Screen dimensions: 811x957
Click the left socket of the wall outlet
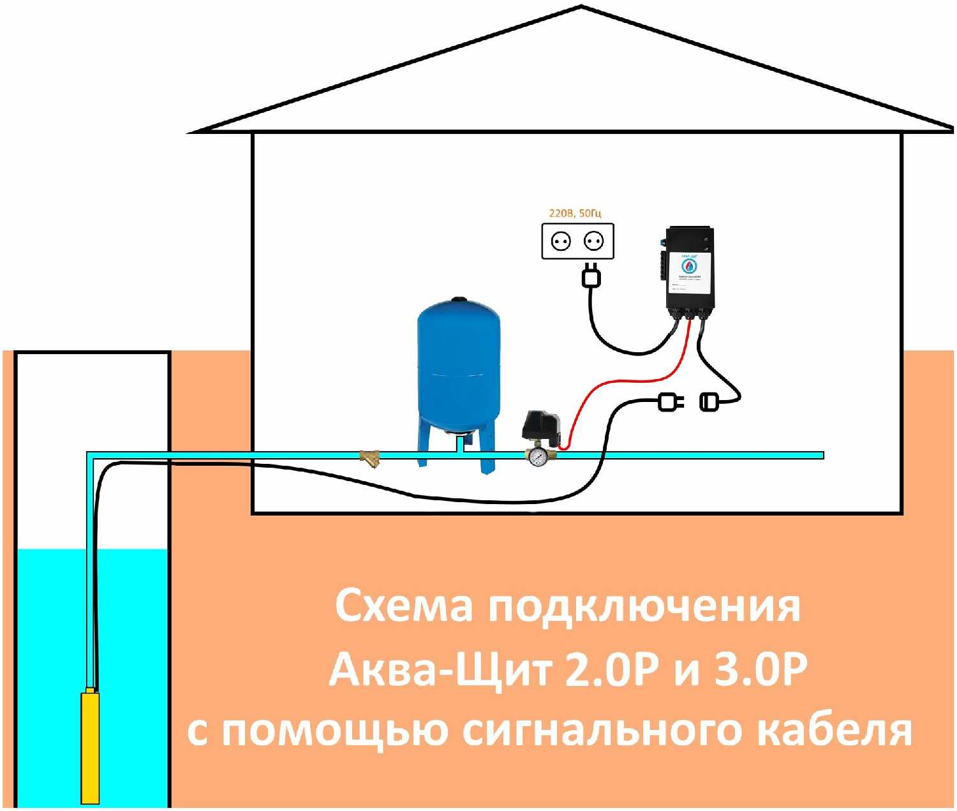[561, 241]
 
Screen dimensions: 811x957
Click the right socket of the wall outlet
[594, 241]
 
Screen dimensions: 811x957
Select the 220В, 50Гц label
[575, 213]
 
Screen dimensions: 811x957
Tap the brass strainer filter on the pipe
[369, 457]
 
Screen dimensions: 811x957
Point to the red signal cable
[628, 380]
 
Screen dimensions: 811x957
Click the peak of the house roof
[581, 8]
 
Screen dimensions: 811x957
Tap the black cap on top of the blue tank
[457, 299]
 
